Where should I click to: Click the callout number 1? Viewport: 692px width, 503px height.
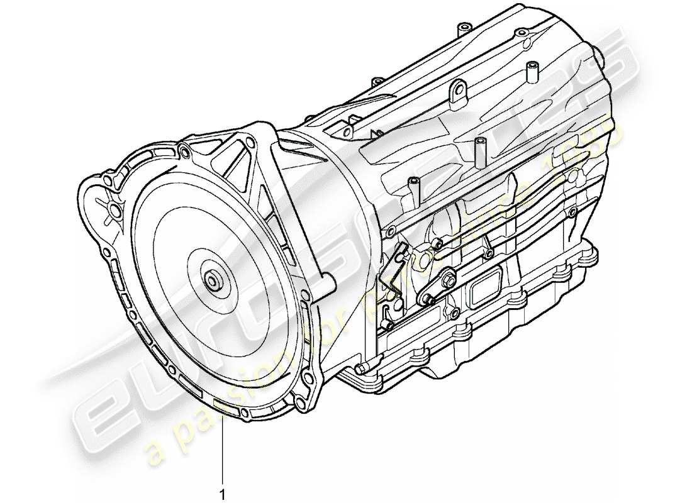pos(221,495)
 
